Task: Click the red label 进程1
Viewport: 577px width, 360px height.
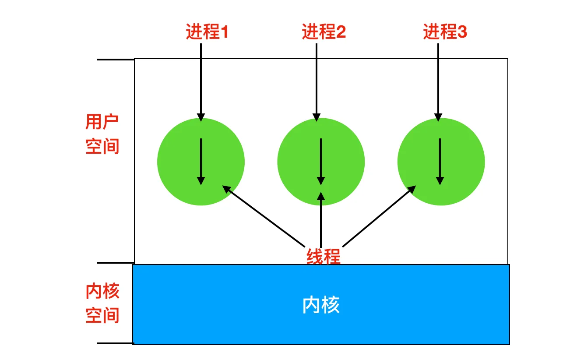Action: pos(207,32)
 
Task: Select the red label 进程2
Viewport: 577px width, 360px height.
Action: pos(324,32)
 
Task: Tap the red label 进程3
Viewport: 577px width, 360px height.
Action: pos(445,32)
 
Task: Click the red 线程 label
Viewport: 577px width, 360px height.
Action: pos(323,256)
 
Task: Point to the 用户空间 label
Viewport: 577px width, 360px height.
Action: pos(102,134)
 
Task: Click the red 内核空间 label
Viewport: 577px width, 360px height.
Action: pos(102,303)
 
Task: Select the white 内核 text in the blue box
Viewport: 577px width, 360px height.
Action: pos(321,305)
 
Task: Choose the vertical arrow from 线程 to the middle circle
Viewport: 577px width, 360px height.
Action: pos(321,219)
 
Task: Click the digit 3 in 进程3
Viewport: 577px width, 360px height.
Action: pos(462,32)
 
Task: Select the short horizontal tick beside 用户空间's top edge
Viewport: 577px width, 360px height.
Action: pos(115,60)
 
